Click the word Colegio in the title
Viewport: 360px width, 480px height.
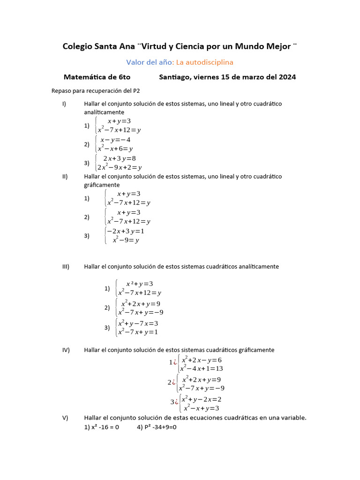(x=77, y=46)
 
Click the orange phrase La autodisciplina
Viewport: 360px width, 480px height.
(x=204, y=62)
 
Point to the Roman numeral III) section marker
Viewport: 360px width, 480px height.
(x=66, y=266)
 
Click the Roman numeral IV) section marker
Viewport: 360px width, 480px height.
(x=66, y=350)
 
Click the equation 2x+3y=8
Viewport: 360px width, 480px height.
(x=120, y=158)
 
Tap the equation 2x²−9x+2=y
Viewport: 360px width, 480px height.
(x=120, y=167)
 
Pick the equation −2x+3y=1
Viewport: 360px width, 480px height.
(x=126, y=231)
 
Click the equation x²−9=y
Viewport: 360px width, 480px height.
(x=126, y=240)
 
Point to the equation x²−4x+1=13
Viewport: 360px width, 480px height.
(x=202, y=368)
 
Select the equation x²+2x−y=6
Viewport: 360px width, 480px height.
(x=202, y=360)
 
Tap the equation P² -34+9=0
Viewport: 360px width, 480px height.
(x=156, y=427)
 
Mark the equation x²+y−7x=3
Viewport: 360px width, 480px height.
(x=138, y=323)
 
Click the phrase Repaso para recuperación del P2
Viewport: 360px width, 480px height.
(x=96, y=91)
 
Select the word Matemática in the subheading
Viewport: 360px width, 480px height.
(x=84, y=77)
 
